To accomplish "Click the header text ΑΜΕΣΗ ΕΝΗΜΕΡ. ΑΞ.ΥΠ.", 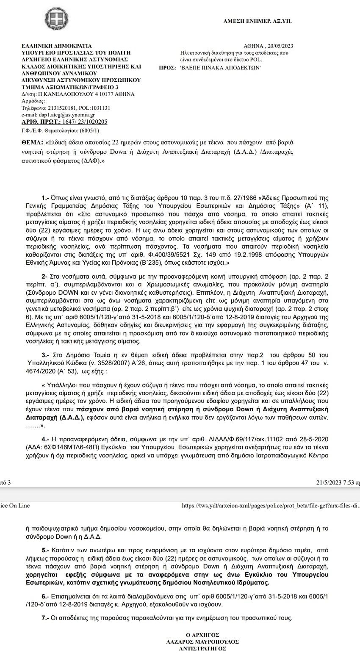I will (x=258, y=21).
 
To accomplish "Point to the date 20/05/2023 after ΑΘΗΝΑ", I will (x=280, y=46).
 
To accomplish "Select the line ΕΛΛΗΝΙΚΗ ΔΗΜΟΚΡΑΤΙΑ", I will (x=56, y=46).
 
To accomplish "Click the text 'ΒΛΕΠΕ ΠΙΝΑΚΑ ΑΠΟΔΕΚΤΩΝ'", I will (x=220, y=67).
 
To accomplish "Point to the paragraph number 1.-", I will (x=45, y=198).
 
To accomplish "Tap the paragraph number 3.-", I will (x=46, y=354).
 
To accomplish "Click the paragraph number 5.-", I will (x=45, y=551).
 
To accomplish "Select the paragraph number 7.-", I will (x=45, y=618).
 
